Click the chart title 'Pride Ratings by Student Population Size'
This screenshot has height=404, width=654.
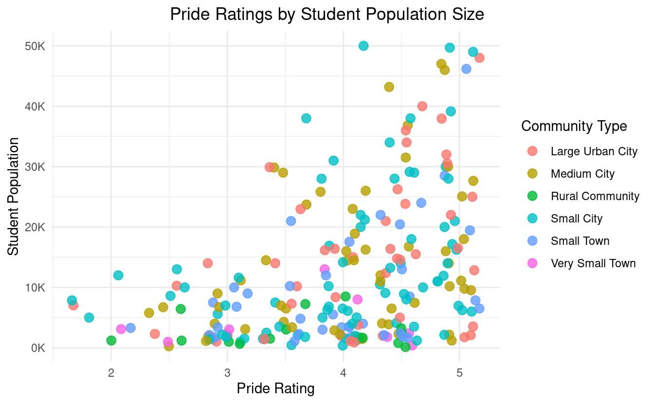[x=327, y=15]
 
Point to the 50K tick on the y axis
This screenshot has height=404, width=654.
[x=36, y=46]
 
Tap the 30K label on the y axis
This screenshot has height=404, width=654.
[x=36, y=166]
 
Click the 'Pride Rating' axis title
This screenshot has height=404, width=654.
[x=275, y=388]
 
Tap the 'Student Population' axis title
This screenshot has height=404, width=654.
[x=14, y=196]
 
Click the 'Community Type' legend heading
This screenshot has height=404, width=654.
[x=574, y=127]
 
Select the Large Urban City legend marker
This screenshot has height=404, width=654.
[x=532, y=151]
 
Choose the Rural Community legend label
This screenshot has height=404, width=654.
[x=595, y=196]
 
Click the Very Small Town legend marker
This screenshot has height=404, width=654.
[x=532, y=263]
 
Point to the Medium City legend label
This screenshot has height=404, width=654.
[x=582, y=174]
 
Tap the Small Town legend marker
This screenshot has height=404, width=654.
[x=532, y=241]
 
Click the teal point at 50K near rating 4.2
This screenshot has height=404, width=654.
[x=363, y=46]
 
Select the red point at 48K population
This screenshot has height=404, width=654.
[x=479, y=58]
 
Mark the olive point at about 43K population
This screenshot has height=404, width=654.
[x=389, y=87]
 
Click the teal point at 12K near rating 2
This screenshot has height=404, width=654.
[x=118, y=275]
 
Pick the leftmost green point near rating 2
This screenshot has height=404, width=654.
[x=111, y=341]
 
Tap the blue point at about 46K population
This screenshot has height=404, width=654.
[x=466, y=69]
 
